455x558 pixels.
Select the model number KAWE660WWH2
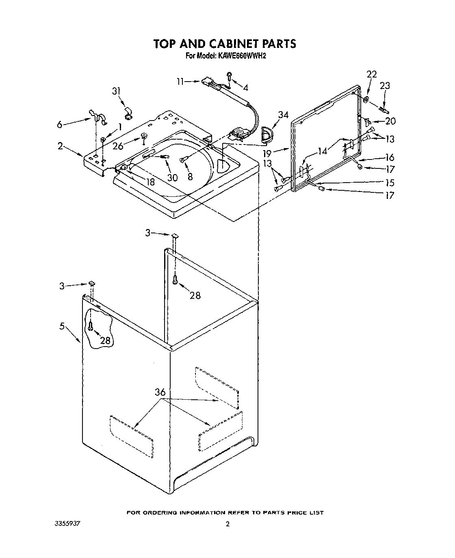[242, 56]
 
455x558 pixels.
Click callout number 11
[180, 82]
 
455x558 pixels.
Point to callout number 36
[160, 392]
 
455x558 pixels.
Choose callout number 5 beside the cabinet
[62, 326]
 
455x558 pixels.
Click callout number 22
[371, 74]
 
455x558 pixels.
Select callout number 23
[385, 86]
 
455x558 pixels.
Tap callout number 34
[283, 115]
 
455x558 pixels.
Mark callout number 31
[117, 91]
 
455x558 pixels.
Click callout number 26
[118, 146]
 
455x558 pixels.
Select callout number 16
[390, 157]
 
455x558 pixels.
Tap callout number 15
[390, 183]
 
